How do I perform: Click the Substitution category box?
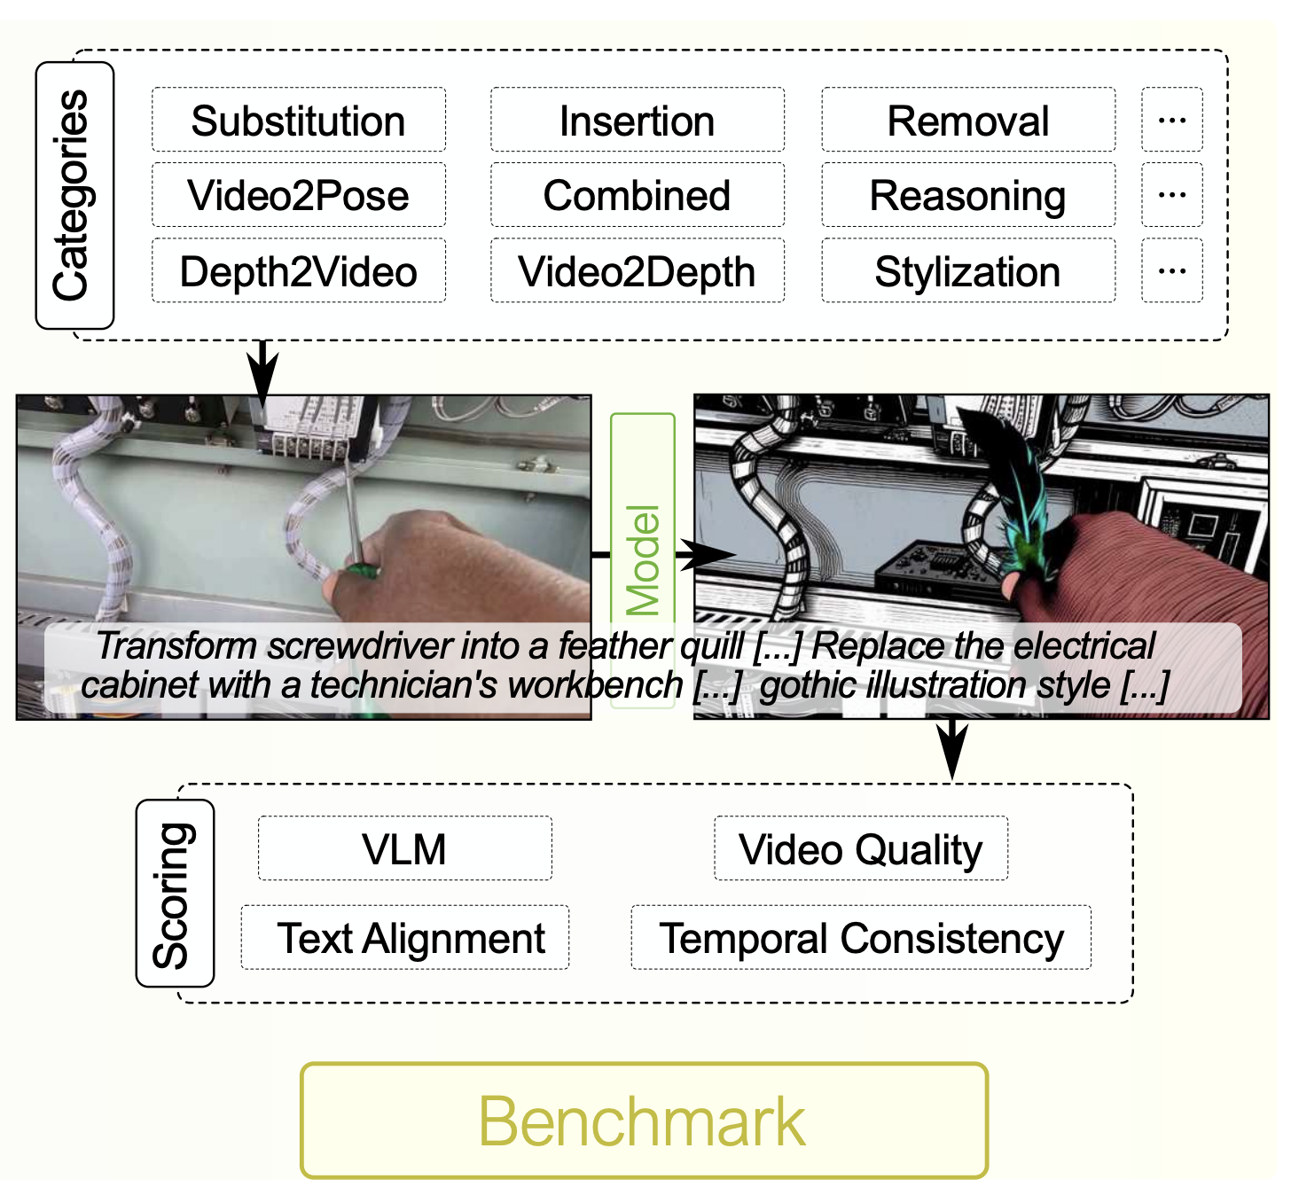tap(298, 121)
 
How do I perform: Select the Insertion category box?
tap(637, 121)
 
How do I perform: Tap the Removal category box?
tap(968, 121)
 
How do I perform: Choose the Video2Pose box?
tap(298, 196)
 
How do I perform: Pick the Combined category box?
tap(637, 196)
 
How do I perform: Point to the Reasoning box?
tap(968, 196)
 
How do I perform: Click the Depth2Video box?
tap(298, 271)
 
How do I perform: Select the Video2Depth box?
tap(637, 271)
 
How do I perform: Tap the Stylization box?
tap(968, 271)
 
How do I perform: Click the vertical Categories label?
tap(74, 196)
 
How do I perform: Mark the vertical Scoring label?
tap(175, 894)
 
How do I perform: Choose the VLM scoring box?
tap(404, 848)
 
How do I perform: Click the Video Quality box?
tap(861, 848)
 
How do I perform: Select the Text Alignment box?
tap(404, 937)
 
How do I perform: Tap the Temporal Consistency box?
tap(861, 937)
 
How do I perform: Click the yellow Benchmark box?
tap(644, 1121)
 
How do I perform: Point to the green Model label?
tap(643, 560)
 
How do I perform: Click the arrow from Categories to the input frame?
tap(262, 372)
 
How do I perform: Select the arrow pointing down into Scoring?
tap(952, 750)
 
